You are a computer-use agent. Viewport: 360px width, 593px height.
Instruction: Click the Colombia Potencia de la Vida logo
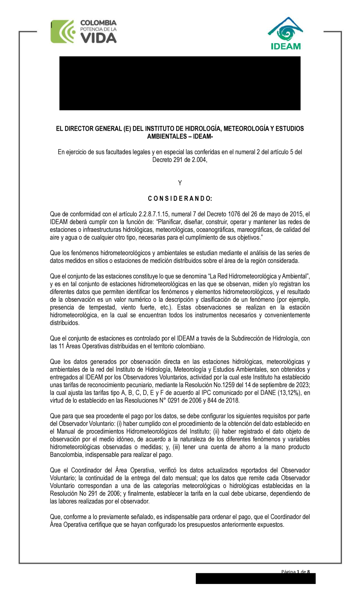point(84,32)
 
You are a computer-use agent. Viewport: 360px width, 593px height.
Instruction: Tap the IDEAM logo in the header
point(285,33)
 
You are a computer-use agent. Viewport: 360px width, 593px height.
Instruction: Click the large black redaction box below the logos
point(180,83)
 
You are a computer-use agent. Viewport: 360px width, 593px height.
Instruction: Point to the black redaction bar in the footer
point(256,579)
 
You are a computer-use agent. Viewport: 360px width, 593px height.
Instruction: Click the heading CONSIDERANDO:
point(180,199)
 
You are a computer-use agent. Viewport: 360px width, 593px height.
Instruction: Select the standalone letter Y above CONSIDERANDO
point(180,183)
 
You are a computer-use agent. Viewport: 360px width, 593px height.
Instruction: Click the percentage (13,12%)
point(289,393)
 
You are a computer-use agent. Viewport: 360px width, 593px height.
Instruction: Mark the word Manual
point(66,431)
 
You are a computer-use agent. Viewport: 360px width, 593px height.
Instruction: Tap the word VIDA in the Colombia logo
point(98,38)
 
